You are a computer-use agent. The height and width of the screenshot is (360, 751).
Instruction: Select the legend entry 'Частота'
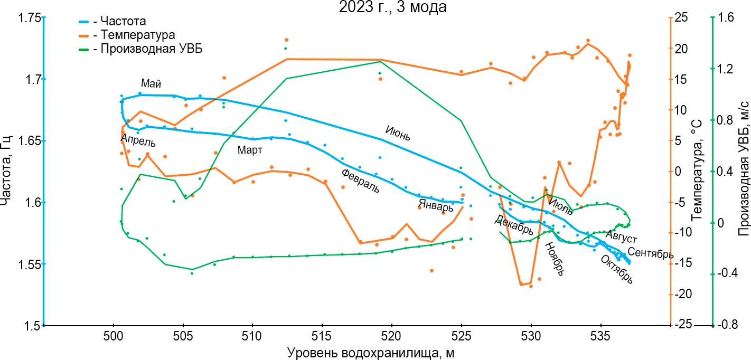coord(119,22)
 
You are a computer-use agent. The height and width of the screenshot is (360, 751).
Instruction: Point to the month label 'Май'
coord(151,84)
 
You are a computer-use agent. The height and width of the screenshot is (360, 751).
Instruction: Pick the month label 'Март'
coord(250,150)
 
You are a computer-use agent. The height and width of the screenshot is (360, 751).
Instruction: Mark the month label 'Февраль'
coord(360,181)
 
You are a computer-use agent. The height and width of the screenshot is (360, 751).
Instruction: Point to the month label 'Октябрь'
coord(616,269)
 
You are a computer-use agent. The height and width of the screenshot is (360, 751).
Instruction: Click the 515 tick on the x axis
coord(322,337)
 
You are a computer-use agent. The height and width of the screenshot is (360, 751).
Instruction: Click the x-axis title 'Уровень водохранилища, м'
coord(371,353)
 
